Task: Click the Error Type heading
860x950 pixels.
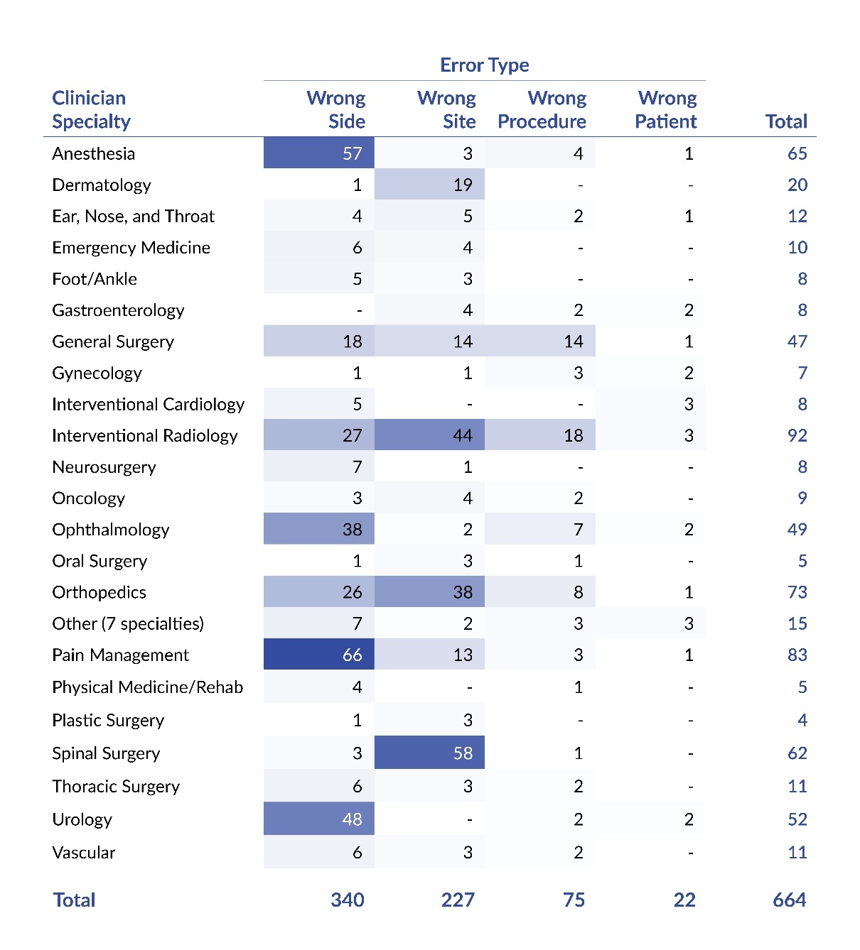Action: [x=484, y=65]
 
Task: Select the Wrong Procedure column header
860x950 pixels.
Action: [x=542, y=109]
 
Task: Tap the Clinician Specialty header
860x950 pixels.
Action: [x=91, y=109]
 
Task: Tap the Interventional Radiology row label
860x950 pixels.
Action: [x=145, y=436]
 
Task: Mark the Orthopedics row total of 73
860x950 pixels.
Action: [x=797, y=592]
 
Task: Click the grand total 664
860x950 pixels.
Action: [x=789, y=900]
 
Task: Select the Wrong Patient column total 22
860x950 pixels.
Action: [x=684, y=900]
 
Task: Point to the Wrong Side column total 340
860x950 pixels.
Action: [x=348, y=900]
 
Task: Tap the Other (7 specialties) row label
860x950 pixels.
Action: [x=128, y=623]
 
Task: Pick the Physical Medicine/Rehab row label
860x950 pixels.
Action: [x=148, y=687]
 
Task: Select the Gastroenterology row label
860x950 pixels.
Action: [x=118, y=310]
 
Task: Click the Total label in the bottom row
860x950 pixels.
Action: [x=74, y=900]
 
